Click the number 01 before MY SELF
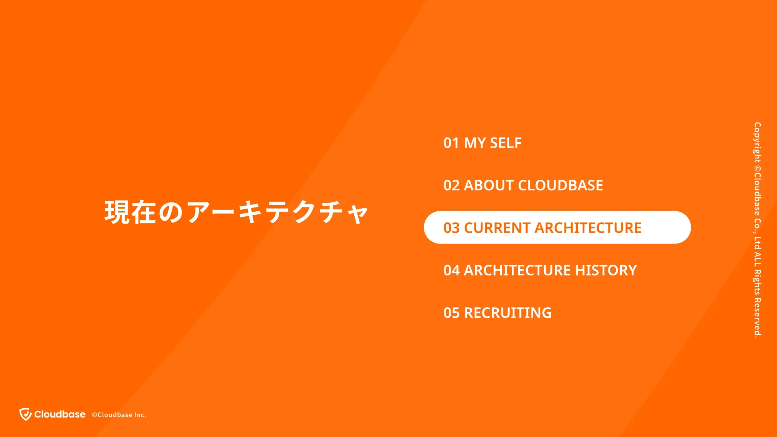coord(451,143)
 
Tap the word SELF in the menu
coord(506,143)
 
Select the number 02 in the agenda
coord(451,185)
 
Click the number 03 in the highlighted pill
coord(451,228)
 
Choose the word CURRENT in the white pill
coord(497,228)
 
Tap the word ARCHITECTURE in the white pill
coord(588,228)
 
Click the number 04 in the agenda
coord(451,270)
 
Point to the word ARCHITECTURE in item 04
coord(517,270)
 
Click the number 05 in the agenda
coord(451,313)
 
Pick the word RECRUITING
coord(508,313)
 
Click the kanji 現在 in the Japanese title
coord(130,212)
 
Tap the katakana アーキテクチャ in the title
coord(277,212)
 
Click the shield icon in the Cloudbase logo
coord(26,414)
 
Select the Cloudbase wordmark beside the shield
coord(60,414)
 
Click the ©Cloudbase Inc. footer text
coord(119,415)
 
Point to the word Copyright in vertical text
coord(757,143)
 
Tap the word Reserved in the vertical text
coord(757,318)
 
